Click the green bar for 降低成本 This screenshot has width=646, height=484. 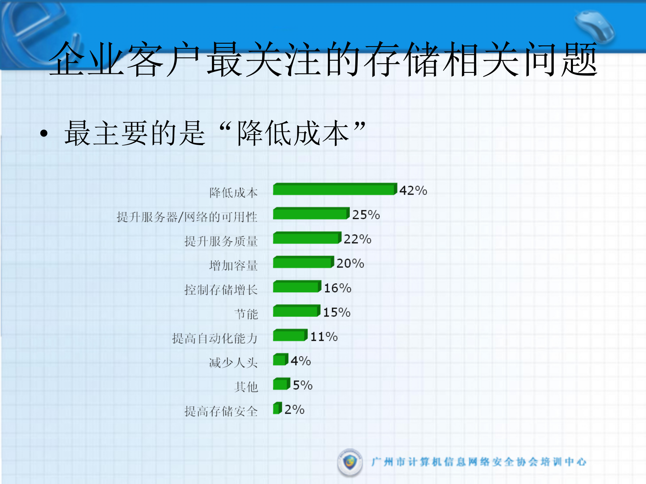335,189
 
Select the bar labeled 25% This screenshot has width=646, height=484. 311,214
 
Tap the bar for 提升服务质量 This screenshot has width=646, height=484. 307,238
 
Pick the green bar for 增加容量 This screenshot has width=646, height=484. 303,262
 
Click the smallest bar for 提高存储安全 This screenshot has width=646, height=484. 277,408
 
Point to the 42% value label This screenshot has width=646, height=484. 413,191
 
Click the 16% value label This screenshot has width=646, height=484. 337,288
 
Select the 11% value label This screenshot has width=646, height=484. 324,337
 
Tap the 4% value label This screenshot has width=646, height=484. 300,361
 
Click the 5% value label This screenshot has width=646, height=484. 302,385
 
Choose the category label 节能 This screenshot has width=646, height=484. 246,314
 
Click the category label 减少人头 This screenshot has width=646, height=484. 233,363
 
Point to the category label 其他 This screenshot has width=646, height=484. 246,387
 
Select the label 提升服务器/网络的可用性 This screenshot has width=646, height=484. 187,217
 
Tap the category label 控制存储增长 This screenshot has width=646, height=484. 221,290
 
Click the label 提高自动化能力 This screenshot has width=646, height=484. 215,338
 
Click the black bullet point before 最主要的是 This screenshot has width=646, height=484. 44,134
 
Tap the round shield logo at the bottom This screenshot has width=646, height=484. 350,462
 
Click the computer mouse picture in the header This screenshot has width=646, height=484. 594,27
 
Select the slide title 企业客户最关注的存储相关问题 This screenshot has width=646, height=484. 323,59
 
